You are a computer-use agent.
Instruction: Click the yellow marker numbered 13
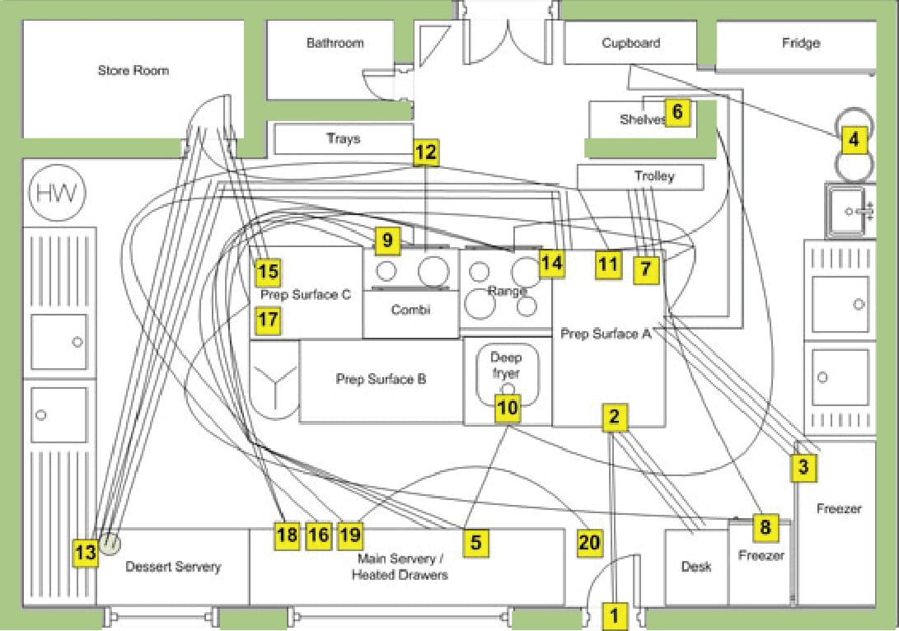[86, 553]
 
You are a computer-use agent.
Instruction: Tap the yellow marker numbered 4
[855, 140]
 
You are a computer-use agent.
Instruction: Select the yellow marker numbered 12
[426, 152]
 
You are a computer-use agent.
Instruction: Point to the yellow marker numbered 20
[590, 542]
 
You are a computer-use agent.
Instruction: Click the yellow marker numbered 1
[613, 614]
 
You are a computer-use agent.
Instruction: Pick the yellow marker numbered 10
[508, 407]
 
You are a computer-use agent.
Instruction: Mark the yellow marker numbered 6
[677, 112]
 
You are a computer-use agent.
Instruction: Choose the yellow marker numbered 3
[804, 468]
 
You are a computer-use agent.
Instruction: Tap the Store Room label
[133, 71]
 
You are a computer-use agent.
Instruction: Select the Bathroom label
[335, 43]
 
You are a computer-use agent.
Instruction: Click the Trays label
[343, 138]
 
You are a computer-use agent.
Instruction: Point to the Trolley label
[654, 176]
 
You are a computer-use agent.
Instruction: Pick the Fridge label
[800, 43]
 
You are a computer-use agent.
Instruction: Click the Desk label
[695, 567]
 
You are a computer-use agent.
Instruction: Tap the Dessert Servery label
[173, 567]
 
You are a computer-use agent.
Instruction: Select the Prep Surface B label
[381, 380]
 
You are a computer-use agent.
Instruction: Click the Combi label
[410, 310]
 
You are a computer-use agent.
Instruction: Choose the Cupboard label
[630, 43]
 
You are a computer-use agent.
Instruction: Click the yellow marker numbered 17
[268, 320]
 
